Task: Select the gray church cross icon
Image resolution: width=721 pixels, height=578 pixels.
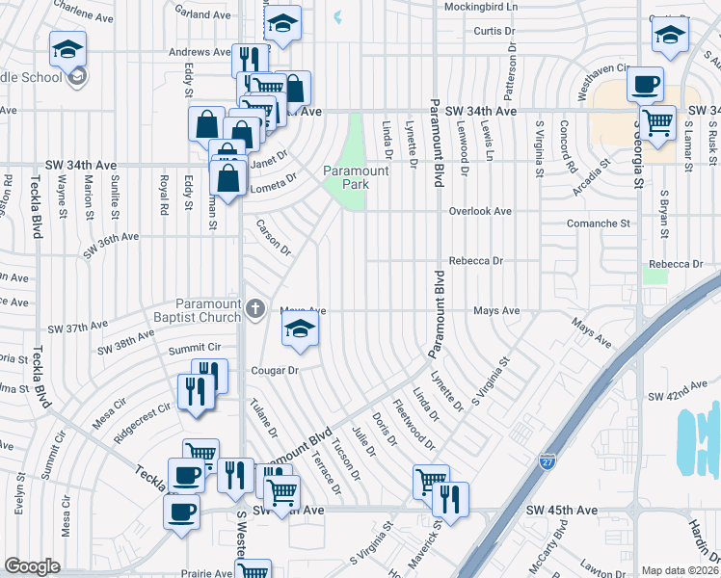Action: [255, 309]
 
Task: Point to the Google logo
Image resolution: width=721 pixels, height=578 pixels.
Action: [32, 565]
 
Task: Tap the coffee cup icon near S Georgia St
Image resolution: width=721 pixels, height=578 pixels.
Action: [645, 84]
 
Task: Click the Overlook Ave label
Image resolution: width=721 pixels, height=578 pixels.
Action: [480, 210]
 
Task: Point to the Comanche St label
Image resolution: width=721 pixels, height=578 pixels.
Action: [598, 223]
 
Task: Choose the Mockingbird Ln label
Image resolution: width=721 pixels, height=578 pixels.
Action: [480, 6]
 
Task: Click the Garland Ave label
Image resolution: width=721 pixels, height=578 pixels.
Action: [203, 15]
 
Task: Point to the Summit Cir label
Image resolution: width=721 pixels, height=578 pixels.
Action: [195, 348]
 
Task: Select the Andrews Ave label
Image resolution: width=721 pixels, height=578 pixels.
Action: [200, 52]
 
